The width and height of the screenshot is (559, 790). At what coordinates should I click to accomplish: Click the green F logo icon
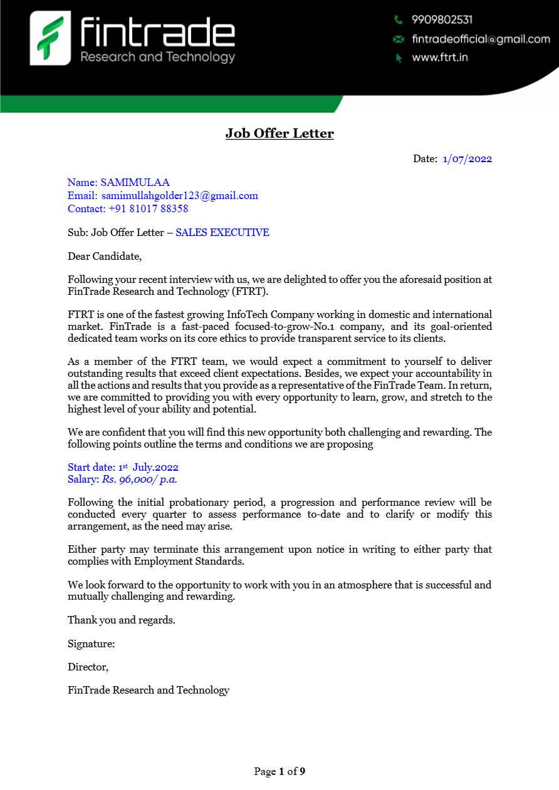click(x=50, y=38)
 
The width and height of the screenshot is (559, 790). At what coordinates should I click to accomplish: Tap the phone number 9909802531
click(x=442, y=20)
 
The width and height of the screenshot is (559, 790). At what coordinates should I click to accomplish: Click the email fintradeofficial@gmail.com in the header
click(x=481, y=39)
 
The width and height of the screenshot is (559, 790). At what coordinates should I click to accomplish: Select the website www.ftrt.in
click(x=440, y=58)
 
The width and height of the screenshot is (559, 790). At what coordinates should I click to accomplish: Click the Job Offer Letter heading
click(x=279, y=133)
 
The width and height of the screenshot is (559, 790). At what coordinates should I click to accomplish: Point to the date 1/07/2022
click(x=467, y=158)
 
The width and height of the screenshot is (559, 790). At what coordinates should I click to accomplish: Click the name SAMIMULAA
click(x=135, y=183)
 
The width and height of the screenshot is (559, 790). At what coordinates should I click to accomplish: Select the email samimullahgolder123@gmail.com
click(x=179, y=195)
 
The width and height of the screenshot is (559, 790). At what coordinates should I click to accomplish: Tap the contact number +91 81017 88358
click(x=148, y=208)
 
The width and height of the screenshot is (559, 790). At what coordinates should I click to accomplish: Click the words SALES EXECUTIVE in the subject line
click(x=222, y=232)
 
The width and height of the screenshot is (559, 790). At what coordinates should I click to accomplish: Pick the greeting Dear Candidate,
click(x=105, y=256)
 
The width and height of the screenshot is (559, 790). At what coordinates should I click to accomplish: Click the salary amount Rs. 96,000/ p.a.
click(x=139, y=480)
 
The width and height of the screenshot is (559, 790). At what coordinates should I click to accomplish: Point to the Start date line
click(x=123, y=467)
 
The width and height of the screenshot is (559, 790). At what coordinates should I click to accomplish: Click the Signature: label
click(x=91, y=644)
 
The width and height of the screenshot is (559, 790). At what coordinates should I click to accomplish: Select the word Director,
click(x=88, y=667)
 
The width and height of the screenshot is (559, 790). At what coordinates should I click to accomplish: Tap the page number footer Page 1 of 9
click(x=279, y=771)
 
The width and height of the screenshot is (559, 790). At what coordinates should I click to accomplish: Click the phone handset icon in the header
click(x=398, y=20)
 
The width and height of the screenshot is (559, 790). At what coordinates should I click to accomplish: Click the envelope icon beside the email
click(x=398, y=39)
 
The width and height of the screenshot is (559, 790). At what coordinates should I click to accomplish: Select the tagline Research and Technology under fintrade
click(x=157, y=58)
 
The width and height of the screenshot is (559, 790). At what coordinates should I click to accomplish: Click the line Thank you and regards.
click(x=121, y=620)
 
